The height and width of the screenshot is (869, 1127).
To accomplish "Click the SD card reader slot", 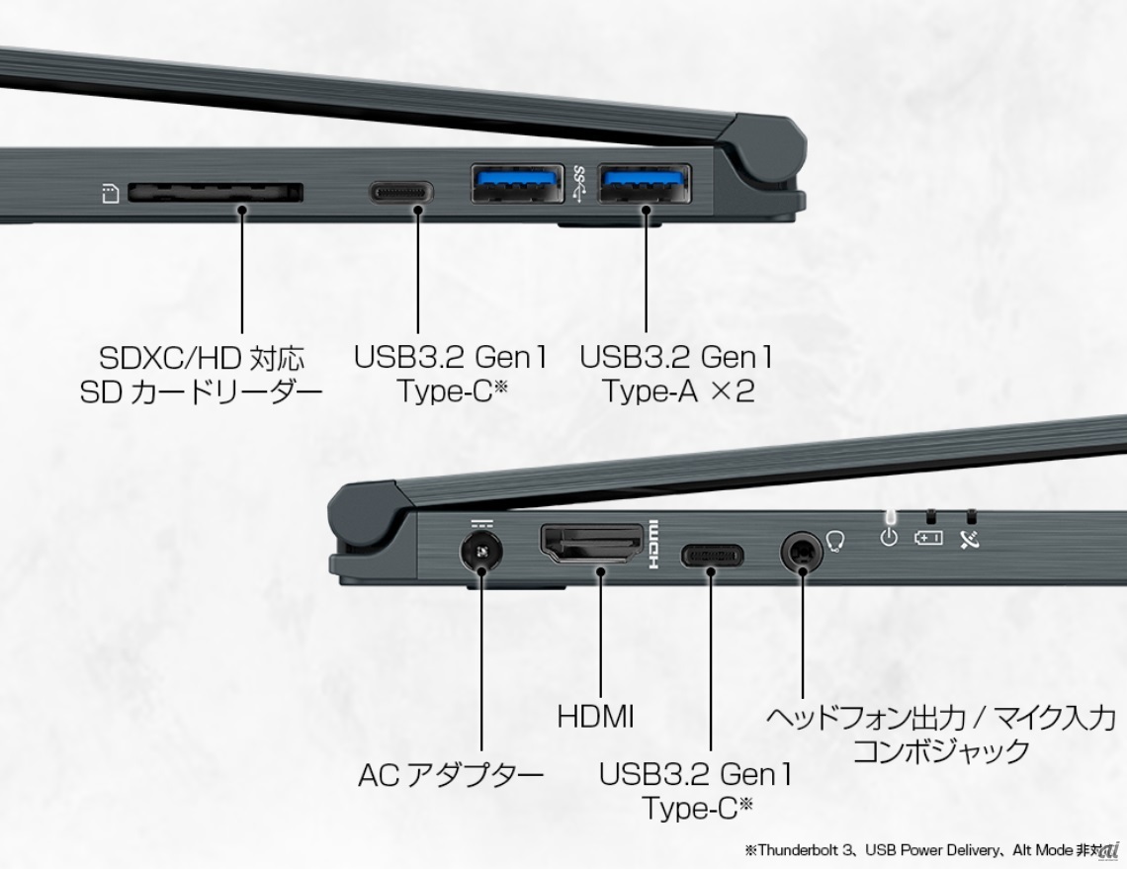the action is click(216, 192).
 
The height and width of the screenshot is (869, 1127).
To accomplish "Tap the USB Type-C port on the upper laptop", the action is click(401, 192).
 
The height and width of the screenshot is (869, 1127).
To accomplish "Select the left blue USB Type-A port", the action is click(517, 184).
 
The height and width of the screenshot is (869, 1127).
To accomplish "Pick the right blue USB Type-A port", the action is click(645, 184).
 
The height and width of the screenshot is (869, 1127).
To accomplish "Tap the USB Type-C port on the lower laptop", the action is click(712, 555).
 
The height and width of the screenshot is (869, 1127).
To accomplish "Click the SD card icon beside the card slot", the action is click(110, 194).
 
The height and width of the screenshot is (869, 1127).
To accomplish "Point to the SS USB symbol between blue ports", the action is click(580, 183).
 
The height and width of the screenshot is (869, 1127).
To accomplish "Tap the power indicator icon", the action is click(889, 537).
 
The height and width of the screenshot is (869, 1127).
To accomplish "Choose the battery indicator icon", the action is click(928, 537).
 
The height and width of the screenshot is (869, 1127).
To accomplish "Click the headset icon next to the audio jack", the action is click(835, 541).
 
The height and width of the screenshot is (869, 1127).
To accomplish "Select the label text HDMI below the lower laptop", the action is click(596, 717).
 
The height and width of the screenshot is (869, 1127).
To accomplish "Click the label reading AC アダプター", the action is click(452, 775).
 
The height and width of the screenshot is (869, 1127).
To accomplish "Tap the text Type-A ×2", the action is click(678, 391).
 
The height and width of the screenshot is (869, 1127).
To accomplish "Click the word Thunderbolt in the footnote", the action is click(800, 850).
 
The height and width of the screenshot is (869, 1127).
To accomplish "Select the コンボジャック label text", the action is click(941, 751).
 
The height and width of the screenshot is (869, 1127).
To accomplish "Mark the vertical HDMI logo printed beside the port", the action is click(654, 544).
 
